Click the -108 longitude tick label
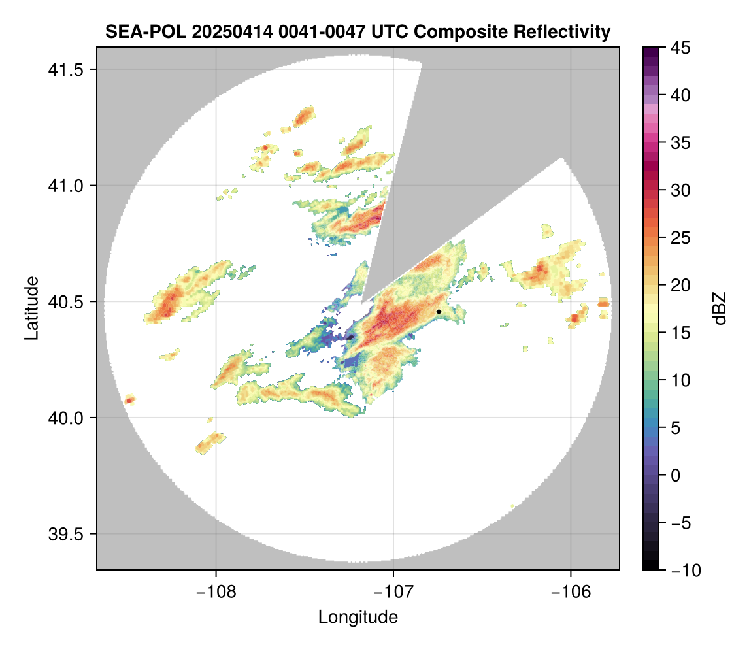(216, 591)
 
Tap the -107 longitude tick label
(393, 591)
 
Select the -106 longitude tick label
(571, 591)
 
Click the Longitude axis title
(358, 617)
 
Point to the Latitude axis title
(31, 308)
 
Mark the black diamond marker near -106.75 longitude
(439, 312)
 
